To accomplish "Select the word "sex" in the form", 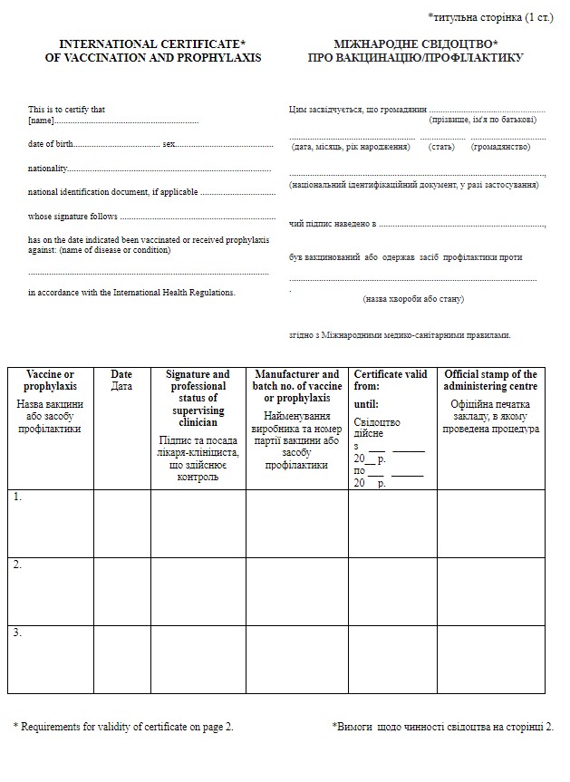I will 169,144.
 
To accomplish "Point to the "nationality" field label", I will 48,169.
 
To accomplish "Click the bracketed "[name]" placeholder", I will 41,120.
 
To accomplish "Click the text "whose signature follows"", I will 72,217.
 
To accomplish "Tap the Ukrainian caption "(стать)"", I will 442,146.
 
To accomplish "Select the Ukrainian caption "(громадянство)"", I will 500,146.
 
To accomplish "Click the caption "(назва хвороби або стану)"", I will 413,298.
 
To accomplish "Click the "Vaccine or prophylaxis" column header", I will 51,380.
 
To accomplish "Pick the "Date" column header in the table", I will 121,374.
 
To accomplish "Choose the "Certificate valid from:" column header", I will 390,380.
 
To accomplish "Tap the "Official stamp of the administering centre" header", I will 490,380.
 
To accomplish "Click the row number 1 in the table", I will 17,497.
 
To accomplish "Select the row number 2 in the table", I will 17,565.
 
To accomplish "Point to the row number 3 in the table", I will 17,632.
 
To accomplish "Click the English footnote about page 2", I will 123,726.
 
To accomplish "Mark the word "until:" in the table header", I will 366,404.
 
